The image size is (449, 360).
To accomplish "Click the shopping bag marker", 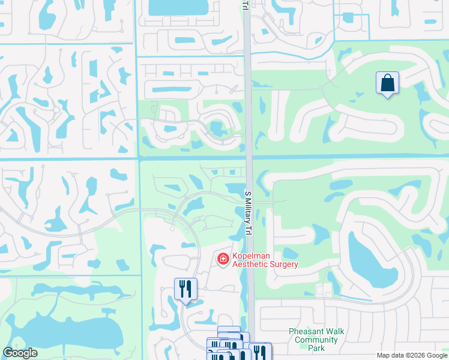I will pos(388,83).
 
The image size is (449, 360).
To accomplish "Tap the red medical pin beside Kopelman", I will pos(223,259).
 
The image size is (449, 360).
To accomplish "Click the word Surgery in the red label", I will pos(282,265).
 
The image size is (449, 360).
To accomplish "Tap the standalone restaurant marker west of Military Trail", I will pos(186,289).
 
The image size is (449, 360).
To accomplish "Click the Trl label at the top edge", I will pos(245,5).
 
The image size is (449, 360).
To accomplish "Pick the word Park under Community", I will pos(316,348).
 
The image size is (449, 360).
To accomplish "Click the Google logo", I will pos(20,353).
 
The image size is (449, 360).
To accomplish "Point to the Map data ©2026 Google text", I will pos(411,355).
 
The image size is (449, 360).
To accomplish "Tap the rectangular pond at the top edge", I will pos(176,7).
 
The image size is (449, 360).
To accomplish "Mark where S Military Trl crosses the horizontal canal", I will pos(249,157).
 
